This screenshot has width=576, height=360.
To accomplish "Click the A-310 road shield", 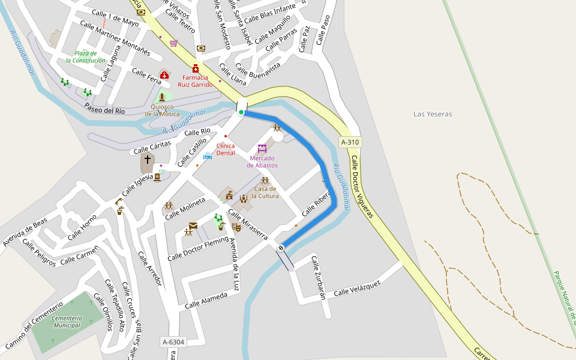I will (350, 142).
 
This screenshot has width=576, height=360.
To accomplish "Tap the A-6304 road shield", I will (173, 342).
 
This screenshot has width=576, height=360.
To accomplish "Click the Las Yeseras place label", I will (433, 114).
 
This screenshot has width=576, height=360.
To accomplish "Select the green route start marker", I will (241, 112).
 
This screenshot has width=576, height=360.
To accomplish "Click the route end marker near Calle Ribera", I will (280, 248).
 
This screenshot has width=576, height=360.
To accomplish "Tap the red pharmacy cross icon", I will (195, 68).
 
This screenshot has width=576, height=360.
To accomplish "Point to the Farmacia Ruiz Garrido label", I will (195, 81).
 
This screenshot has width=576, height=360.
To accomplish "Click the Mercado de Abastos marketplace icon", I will (262, 148).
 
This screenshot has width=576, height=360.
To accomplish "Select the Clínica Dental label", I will (226, 149).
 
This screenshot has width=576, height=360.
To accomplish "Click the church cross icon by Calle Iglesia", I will (147, 160).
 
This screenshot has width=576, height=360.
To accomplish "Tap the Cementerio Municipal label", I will (66, 322).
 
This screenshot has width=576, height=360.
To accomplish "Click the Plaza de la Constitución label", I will (86, 57).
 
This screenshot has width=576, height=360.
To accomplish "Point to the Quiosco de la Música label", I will (161, 110).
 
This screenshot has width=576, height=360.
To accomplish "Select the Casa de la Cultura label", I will (265, 192).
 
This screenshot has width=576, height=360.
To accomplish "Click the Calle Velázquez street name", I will (357, 288).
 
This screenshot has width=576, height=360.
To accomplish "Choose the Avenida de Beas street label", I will (25, 232).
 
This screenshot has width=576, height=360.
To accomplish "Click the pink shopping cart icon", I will (173, 43).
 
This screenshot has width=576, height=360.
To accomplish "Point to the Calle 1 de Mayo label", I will (115, 18).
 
